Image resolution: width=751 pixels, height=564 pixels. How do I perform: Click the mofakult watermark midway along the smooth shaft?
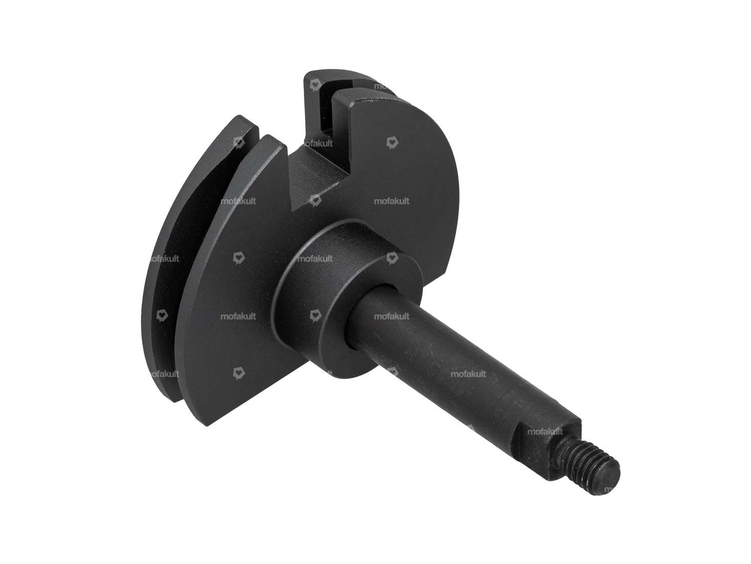pyautogui.click(x=468, y=373)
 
